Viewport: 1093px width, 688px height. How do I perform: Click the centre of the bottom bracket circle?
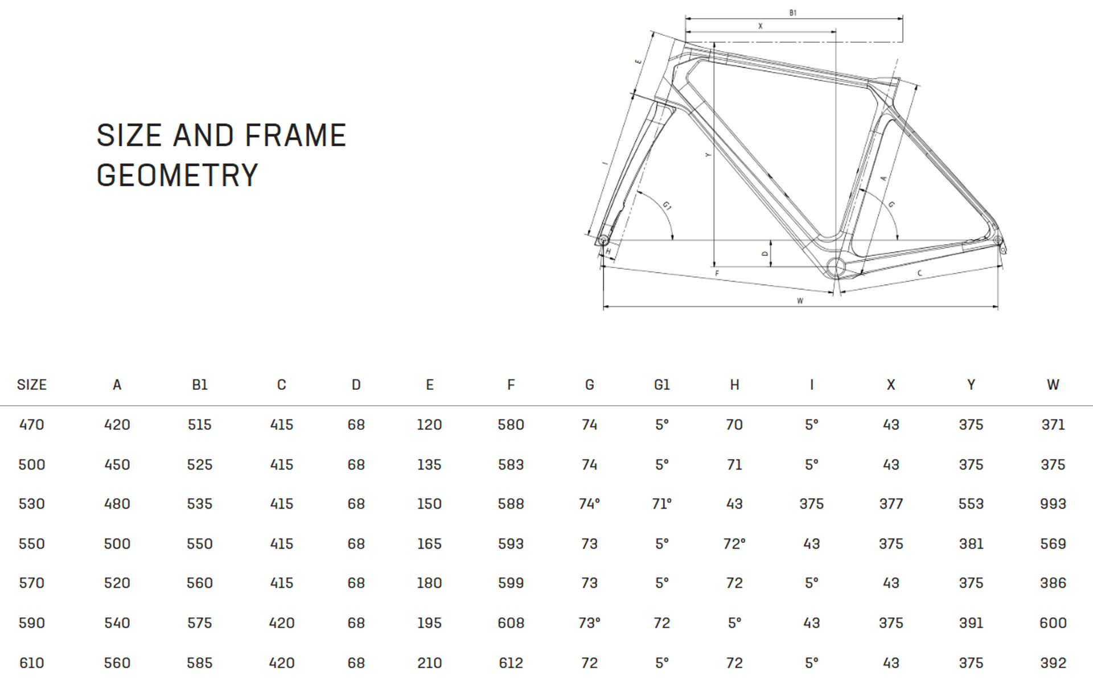pyautogui.click(x=835, y=266)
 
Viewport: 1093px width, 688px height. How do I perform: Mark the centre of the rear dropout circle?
pyautogui.click(x=997, y=241)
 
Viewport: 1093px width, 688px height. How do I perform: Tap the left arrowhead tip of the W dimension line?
pyautogui.click(x=603, y=307)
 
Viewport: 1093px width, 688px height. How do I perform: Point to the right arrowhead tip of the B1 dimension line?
pyautogui.click(x=902, y=18)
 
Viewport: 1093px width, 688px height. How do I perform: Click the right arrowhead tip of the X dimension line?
pyautogui.click(x=836, y=32)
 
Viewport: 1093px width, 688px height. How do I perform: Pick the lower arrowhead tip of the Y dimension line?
pyautogui.click(x=714, y=266)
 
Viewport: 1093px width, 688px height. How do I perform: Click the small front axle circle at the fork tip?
pyautogui.click(x=604, y=241)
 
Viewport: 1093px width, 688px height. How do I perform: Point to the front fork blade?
pyautogui.click(x=632, y=171)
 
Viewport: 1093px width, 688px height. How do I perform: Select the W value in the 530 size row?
pyautogui.click(x=1053, y=504)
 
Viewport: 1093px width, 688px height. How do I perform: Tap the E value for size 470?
pyautogui.click(x=429, y=425)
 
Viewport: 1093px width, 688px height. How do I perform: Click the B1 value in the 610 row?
pyautogui.click(x=200, y=663)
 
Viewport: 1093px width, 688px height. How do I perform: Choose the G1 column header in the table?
pyautogui.click(x=661, y=385)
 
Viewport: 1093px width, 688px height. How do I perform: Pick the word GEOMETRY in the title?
pyautogui.click(x=177, y=175)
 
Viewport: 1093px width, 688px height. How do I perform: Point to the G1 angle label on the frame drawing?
pyautogui.click(x=667, y=205)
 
